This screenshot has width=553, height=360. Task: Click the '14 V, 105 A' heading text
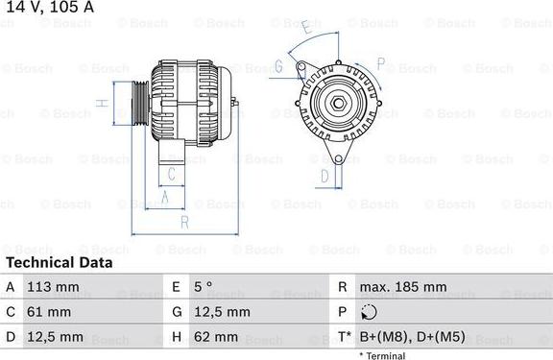click(48, 8)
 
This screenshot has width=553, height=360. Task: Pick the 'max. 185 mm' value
click(403, 287)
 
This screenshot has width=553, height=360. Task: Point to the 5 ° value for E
click(203, 287)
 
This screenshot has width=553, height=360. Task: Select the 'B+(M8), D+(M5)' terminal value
click(411, 337)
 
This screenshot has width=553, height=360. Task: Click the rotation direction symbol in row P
click(370, 312)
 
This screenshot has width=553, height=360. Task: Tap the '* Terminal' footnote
click(382, 355)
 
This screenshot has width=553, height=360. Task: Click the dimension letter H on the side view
click(101, 103)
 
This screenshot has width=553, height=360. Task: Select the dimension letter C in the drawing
click(171, 174)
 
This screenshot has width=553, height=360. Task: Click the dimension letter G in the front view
click(278, 66)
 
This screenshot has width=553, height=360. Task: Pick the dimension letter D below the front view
click(325, 176)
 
